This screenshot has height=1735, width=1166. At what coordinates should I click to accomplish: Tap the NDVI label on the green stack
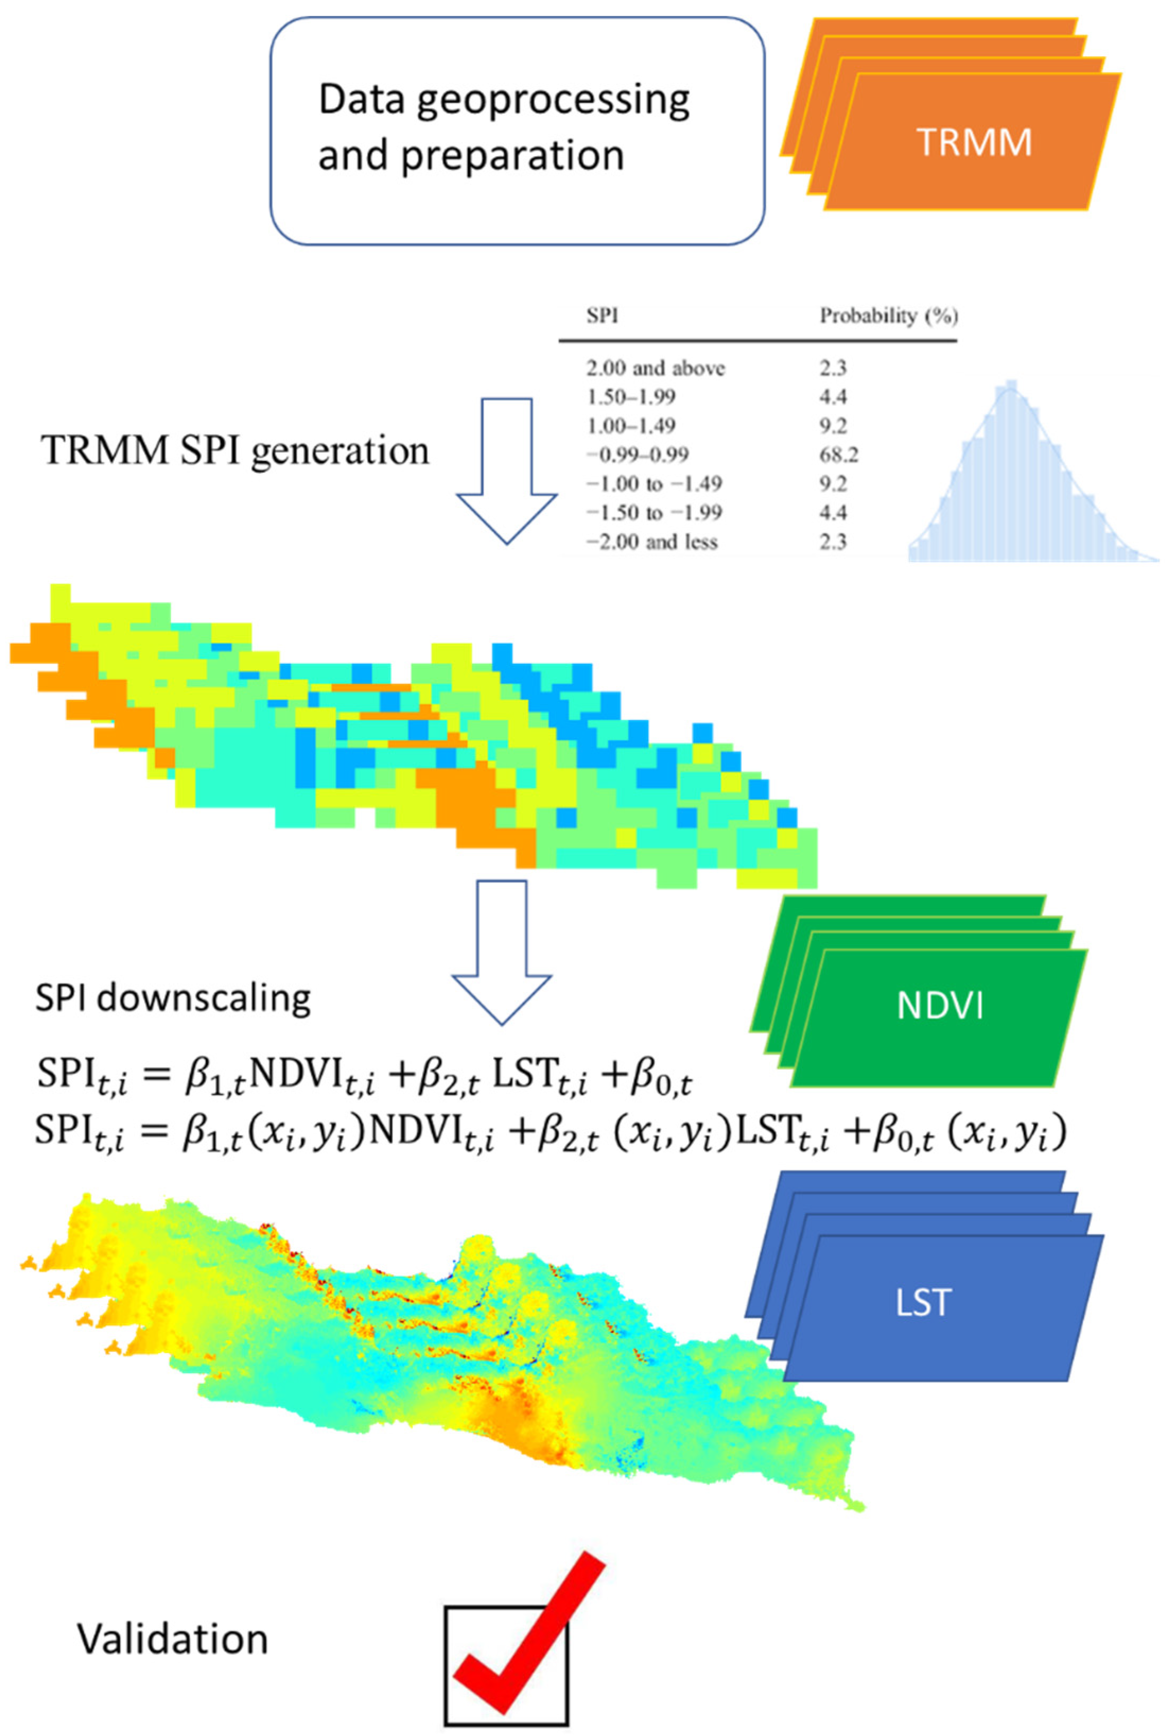940,1006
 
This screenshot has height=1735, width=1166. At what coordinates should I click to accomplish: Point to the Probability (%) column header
889,316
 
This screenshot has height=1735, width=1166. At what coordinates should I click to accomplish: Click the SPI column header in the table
602,316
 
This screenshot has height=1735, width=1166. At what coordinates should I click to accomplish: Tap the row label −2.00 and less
652,542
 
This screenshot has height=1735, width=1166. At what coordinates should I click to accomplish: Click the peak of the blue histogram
1010,387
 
